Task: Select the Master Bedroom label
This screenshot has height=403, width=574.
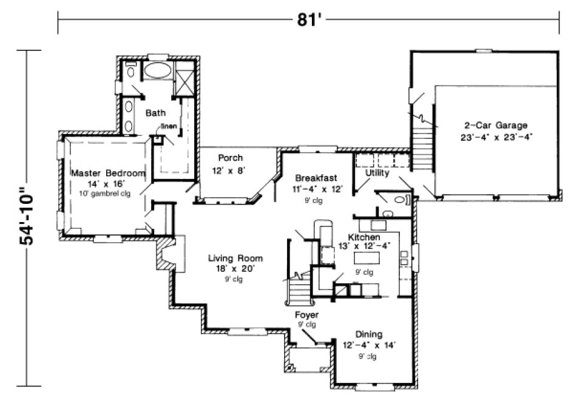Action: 109,174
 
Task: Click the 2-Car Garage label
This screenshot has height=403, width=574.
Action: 496,126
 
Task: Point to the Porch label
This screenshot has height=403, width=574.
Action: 231,158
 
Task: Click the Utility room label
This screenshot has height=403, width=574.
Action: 377,174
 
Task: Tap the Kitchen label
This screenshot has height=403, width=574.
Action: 364,236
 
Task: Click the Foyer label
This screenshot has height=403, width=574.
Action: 306,315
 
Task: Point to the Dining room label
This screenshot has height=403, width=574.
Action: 369,334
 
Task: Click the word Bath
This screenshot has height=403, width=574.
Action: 155,113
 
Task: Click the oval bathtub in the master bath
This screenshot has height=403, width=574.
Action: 157,70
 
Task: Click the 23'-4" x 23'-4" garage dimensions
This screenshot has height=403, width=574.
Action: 496,137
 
